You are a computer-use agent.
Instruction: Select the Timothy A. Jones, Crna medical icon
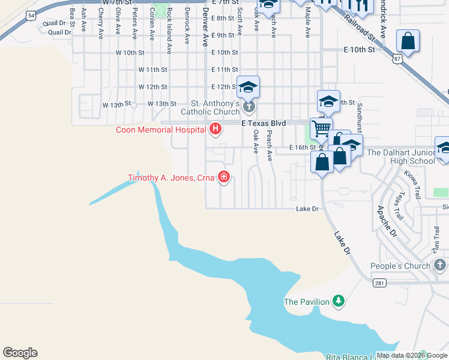point(223,176)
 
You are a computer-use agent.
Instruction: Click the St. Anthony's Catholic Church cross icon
point(249,107)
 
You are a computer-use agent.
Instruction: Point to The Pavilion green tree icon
point(339,301)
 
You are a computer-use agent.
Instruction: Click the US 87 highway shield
point(396,58)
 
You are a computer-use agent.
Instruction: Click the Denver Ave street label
point(205,26)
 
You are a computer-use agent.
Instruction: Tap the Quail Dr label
point(59,32)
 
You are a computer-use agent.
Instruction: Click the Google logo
point(20,353)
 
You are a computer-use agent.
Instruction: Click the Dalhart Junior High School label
point(401,157)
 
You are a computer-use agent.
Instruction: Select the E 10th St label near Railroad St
point(359,50)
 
